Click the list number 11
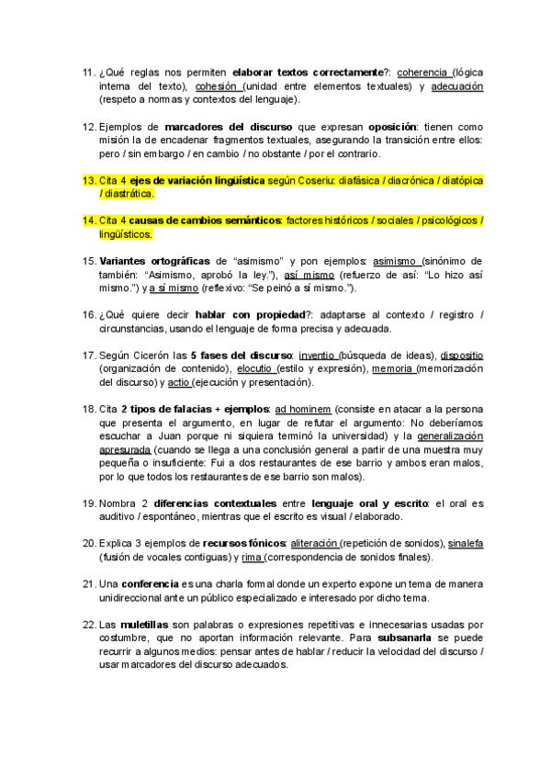pyautogui.click(x=88, y=73)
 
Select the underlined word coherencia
pyautogui.click(x=422, y=73)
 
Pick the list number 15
pyautogui.click(x=88, y=262)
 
